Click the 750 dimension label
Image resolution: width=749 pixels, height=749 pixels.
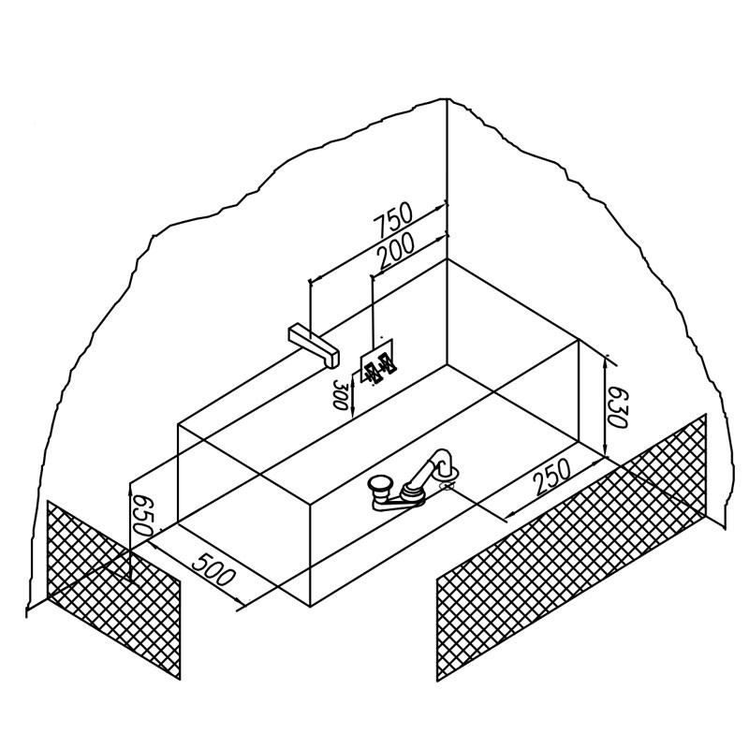click(x=392, y=221)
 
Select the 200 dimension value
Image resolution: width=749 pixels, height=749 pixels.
click(x=396, y=252)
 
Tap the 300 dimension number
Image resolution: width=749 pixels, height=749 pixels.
click(x=340, y=394)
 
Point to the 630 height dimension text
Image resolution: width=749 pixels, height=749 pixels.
click(x=617, y=407)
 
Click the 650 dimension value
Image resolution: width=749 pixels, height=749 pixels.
click(x=142, y=515)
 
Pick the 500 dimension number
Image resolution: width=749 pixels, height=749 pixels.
click(x=213, y=569)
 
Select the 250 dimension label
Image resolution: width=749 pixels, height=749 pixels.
click(x=552, y=477)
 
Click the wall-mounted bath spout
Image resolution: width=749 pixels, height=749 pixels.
click(x=314, y=345)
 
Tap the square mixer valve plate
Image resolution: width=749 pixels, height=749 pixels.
click(x=376, y=360)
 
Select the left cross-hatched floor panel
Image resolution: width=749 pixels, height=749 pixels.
click(x=113, y=590)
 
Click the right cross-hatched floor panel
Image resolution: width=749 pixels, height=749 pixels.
click(x=571, y=548)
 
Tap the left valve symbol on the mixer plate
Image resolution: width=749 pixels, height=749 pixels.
click(x=371, y=372)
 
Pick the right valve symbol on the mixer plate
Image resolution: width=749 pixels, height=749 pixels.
click(x=387, y=364)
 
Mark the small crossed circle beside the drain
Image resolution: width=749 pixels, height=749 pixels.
click(x=447, y=486)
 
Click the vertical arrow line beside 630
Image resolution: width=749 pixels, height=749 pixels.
click(x=606, y=407)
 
